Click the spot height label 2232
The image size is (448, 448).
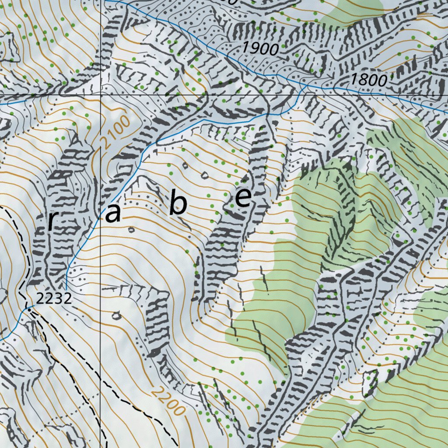coord(53,299)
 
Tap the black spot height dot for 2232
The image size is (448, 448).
coord(29,309)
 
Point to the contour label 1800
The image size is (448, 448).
coord(369,80)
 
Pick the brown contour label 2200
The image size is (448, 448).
coord(168,401)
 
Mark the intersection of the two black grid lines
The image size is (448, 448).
coord(101,94)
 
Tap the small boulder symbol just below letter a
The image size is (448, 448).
coord(130,229)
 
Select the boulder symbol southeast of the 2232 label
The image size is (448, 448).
coord(116,315)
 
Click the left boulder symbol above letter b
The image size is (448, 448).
coord(185,165)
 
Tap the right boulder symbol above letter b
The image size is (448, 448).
coord(204,175)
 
